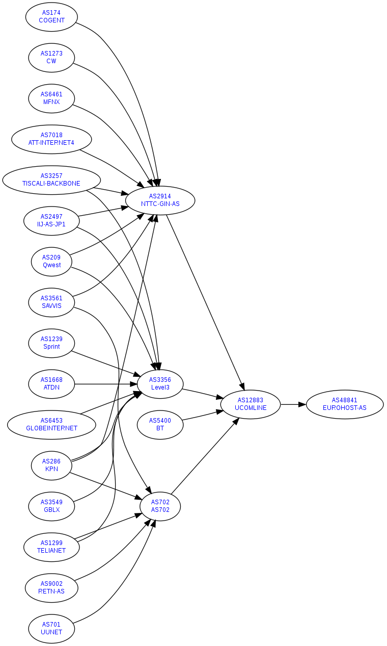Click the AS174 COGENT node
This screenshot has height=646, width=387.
pos(51,17)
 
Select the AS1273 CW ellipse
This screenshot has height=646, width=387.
pos(51,57)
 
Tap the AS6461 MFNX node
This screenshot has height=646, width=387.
pos(51,98)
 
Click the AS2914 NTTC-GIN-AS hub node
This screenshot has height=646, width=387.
pos(160,200)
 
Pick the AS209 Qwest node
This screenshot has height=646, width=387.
pos(51,261)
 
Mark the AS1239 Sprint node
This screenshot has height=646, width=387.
pos(51,343)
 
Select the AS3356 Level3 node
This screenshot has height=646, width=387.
pos(160,383)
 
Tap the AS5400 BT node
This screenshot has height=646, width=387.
pos(160,424)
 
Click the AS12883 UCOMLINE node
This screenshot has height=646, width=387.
pos(251,404)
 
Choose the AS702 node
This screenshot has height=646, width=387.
pos(160,506)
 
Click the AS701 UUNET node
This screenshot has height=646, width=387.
pos(51,628)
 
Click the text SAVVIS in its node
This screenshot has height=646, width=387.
pos(51,306)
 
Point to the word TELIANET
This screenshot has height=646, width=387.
pos(51,551)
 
